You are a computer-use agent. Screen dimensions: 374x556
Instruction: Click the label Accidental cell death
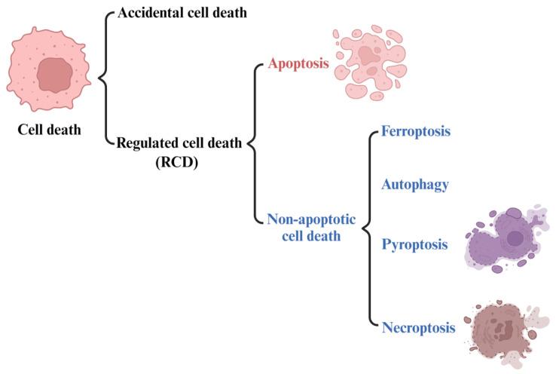click(182, 12)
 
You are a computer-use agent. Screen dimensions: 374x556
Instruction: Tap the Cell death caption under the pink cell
click(50, 129)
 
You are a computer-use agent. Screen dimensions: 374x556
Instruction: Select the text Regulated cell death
click(180, 143)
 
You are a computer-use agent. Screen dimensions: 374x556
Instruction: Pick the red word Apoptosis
click(299, 64)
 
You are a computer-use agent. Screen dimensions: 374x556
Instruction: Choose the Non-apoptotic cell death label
click(304, 227)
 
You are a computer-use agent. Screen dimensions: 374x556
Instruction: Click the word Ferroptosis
click(416, 131)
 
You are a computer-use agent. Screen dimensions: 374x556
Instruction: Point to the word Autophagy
click(415, 183)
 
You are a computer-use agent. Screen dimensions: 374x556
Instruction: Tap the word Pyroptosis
click(415, 245)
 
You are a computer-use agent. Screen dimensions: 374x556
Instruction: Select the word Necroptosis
click(419, 327)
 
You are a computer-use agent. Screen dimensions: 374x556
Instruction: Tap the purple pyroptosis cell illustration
click(504, 243)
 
